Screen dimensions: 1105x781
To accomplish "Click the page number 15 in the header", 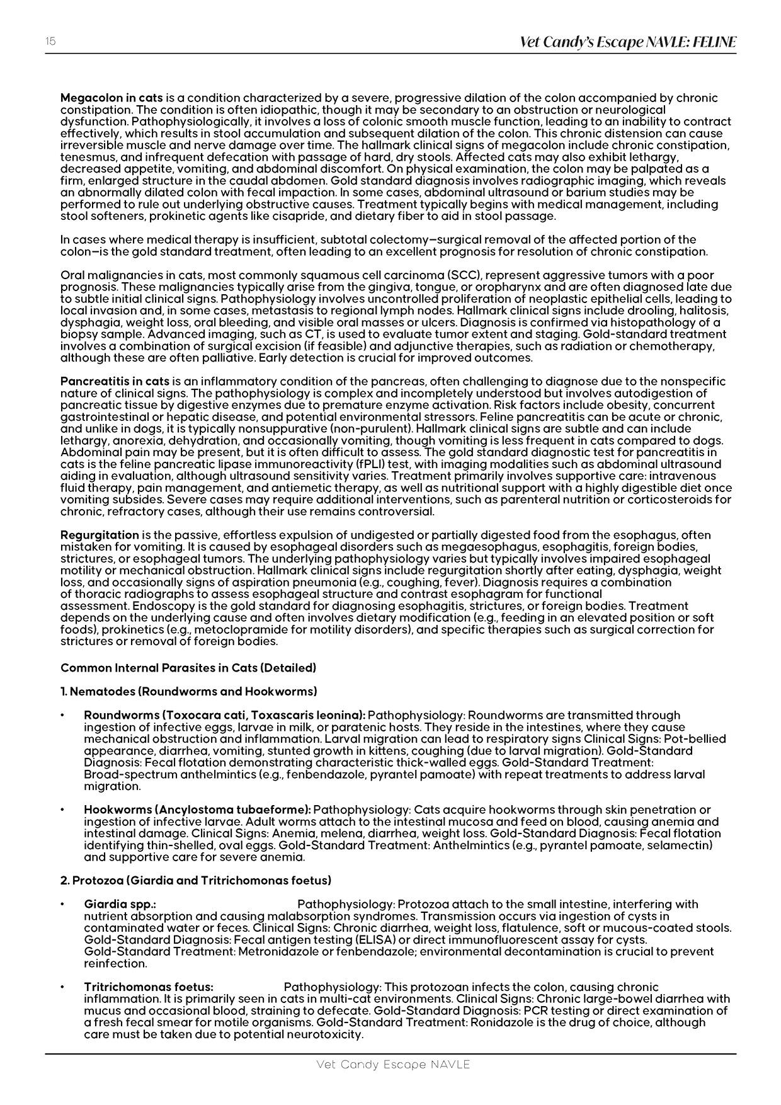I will point(50,42).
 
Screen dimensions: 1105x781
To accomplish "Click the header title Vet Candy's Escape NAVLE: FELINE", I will point(627,42).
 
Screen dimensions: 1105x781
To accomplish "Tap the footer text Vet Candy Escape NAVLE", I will point(393,1065).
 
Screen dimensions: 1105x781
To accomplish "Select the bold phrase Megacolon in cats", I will point(111,98).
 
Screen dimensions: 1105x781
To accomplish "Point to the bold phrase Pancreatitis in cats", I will point(115,381).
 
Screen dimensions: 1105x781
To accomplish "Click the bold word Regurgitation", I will point(100,535).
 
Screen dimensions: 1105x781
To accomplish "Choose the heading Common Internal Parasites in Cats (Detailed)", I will point(188,667).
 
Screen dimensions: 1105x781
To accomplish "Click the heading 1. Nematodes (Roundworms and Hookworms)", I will point(188,691).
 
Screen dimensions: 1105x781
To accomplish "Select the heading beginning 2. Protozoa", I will point(196,880).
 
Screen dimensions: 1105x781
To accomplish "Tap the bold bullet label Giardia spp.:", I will point(120,904).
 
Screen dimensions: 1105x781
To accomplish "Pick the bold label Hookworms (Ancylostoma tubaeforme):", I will point(197,810).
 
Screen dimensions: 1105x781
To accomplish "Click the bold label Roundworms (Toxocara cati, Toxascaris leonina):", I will point(224,715).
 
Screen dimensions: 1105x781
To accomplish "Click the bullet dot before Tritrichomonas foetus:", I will point(62,987).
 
